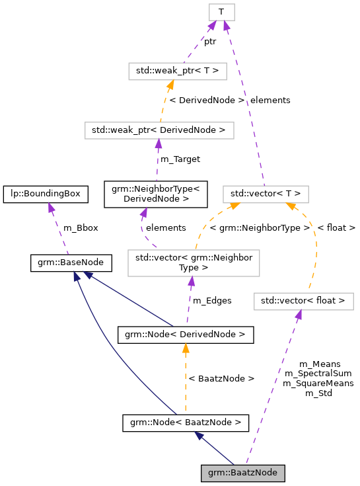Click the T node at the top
221,12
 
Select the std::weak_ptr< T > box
178,70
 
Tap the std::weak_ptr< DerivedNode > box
159,130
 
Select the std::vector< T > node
266,194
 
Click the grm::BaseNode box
71,264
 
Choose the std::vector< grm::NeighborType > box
193,263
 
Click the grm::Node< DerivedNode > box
185,335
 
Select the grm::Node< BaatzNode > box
185,421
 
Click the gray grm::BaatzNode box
244,473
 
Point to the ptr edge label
210,41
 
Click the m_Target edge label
179,159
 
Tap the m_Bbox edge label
80,227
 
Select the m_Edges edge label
211,300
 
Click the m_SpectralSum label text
318,373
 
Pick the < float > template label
336,227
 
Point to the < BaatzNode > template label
221,378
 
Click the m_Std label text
318,393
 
